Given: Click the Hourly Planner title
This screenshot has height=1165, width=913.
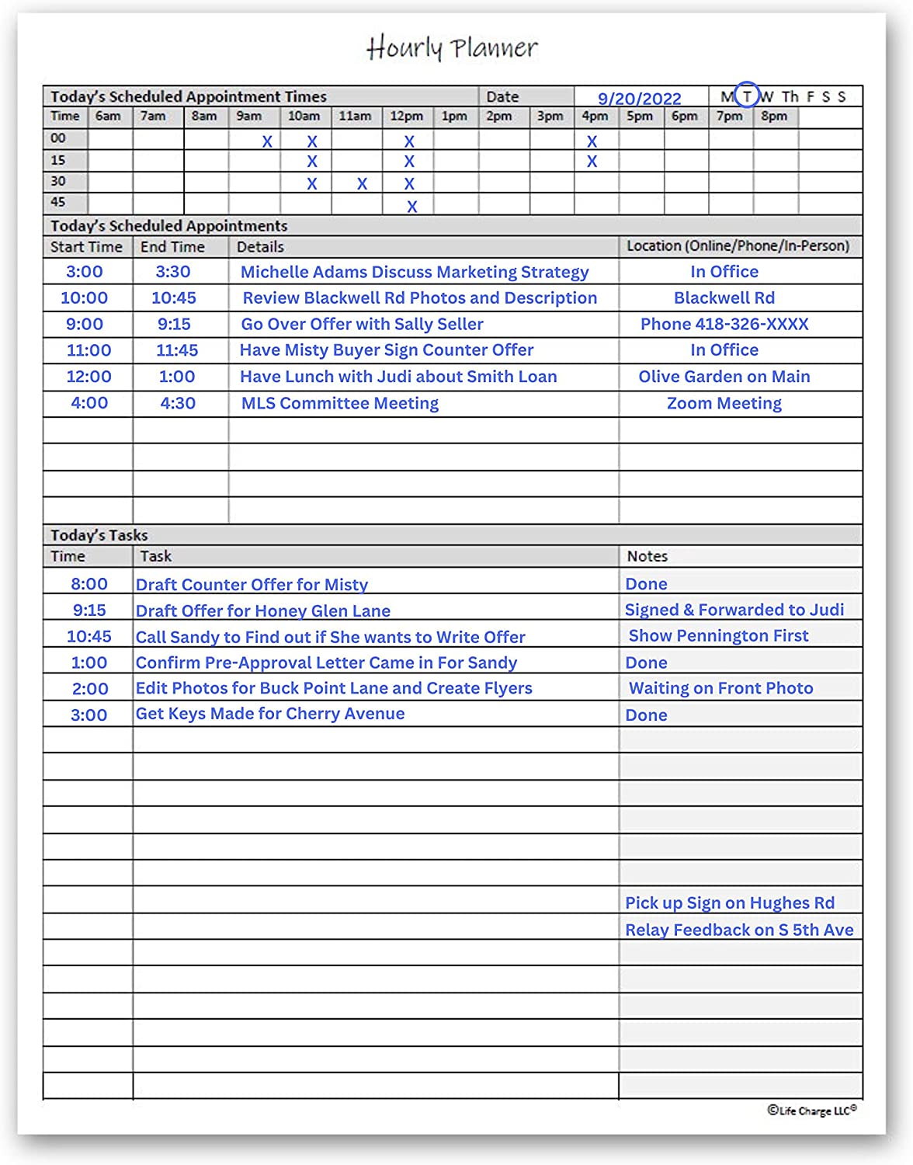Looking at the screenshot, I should pos(452,48).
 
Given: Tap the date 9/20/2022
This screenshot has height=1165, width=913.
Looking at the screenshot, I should pos(639,99).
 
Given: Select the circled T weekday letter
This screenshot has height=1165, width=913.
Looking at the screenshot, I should pos(746,96).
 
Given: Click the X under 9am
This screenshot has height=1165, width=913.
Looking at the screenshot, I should pos(267,141).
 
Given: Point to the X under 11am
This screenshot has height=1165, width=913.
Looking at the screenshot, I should pos(362,184).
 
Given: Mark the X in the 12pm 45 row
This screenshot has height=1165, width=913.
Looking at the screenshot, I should pos(412,207).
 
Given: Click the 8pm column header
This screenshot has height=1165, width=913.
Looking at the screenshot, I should pos(774,116).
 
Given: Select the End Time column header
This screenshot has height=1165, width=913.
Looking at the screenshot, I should pos(172,247).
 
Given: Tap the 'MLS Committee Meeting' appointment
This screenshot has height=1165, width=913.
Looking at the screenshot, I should pos(340,403).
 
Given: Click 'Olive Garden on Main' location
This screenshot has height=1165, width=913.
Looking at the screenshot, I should pos(724,377).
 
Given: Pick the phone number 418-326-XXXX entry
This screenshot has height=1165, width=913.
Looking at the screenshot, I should pos(724,324).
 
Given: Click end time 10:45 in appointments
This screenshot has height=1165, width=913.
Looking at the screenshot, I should pos(174,297).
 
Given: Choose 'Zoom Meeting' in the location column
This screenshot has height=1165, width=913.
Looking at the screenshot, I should pos(724,403).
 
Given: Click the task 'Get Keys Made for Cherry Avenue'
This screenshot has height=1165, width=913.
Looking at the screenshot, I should pos(270,714).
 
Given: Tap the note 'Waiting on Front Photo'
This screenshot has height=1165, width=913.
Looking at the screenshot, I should pos(720,688).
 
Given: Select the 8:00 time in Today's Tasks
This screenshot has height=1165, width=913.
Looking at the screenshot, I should pos(89,584).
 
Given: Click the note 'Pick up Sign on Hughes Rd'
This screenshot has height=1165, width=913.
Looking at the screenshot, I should pos(730,902).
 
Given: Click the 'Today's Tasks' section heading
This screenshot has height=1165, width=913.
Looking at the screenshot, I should pos(99,535).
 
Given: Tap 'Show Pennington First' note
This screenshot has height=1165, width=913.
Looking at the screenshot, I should pos(718,635).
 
